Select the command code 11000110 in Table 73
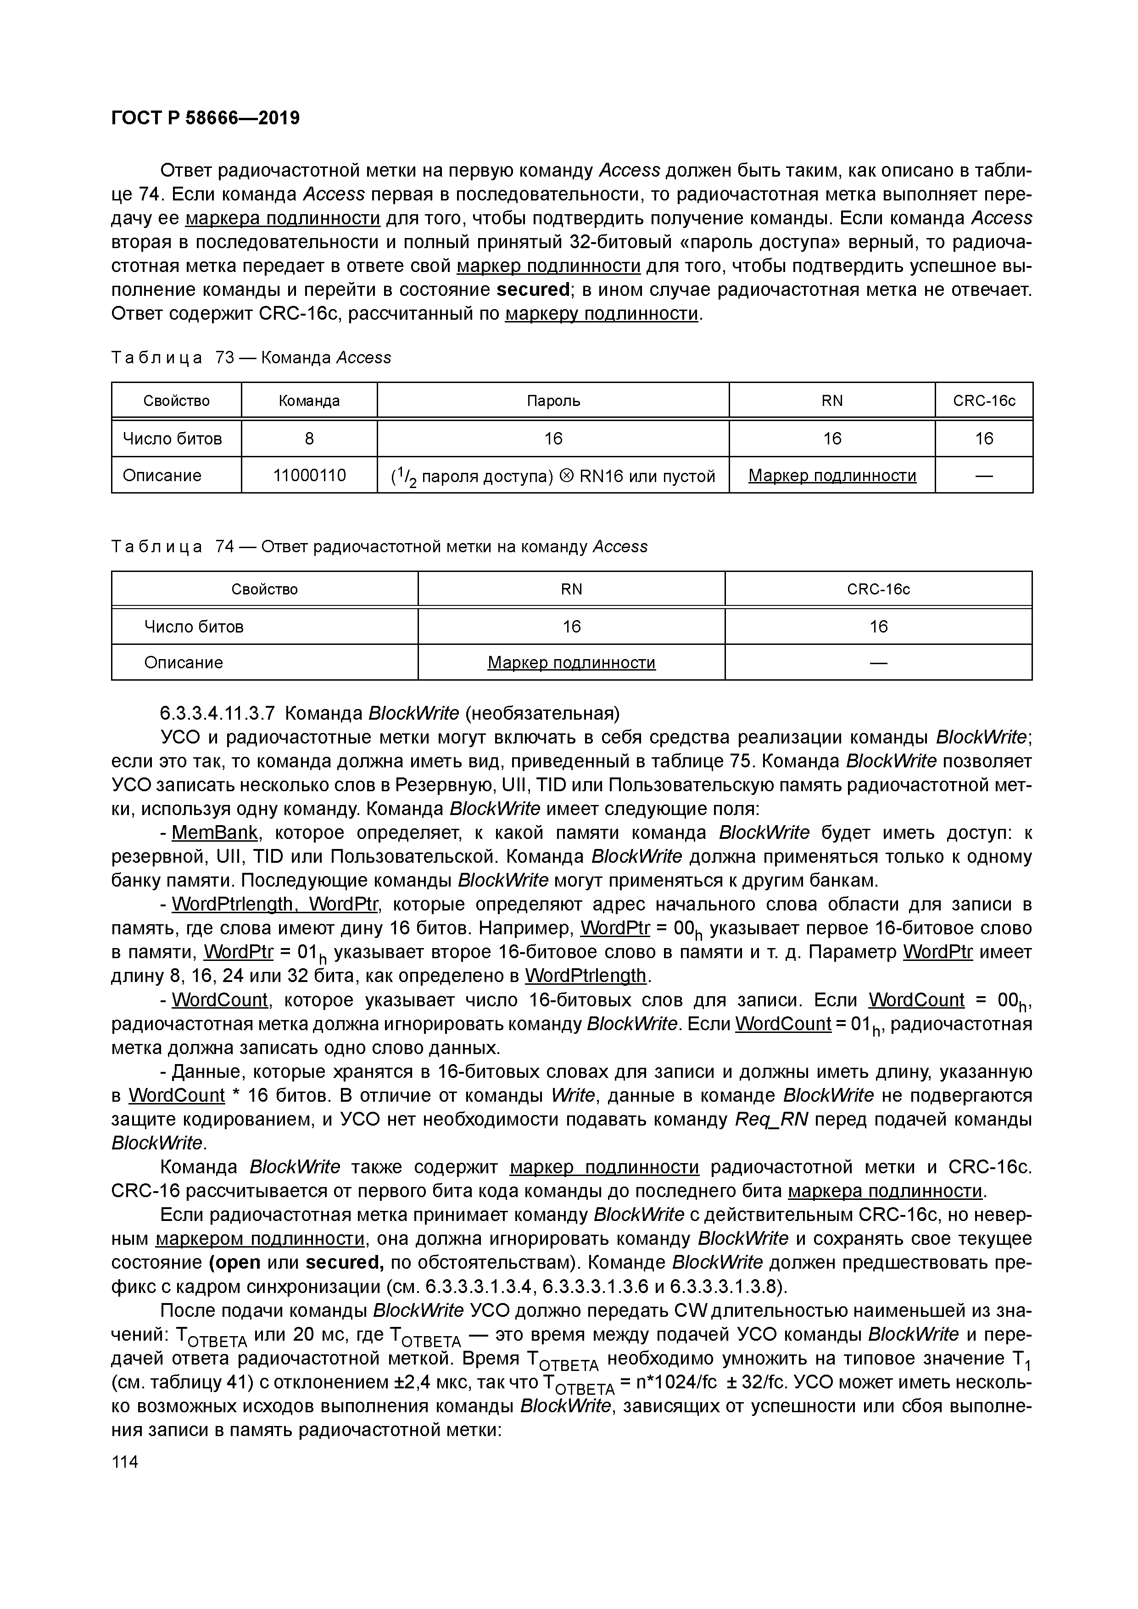click(x=309, y=476)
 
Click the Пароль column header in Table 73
click(x=553, y=401)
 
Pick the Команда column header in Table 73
click(x=309, y=401)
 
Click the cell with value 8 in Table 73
click(x=309, y=438)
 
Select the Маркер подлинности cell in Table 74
click(x=571, y=663)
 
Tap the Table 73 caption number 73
click(x=224, y=358)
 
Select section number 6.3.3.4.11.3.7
click(x=218, y=713)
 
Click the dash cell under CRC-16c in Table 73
click(x=984, y=476)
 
